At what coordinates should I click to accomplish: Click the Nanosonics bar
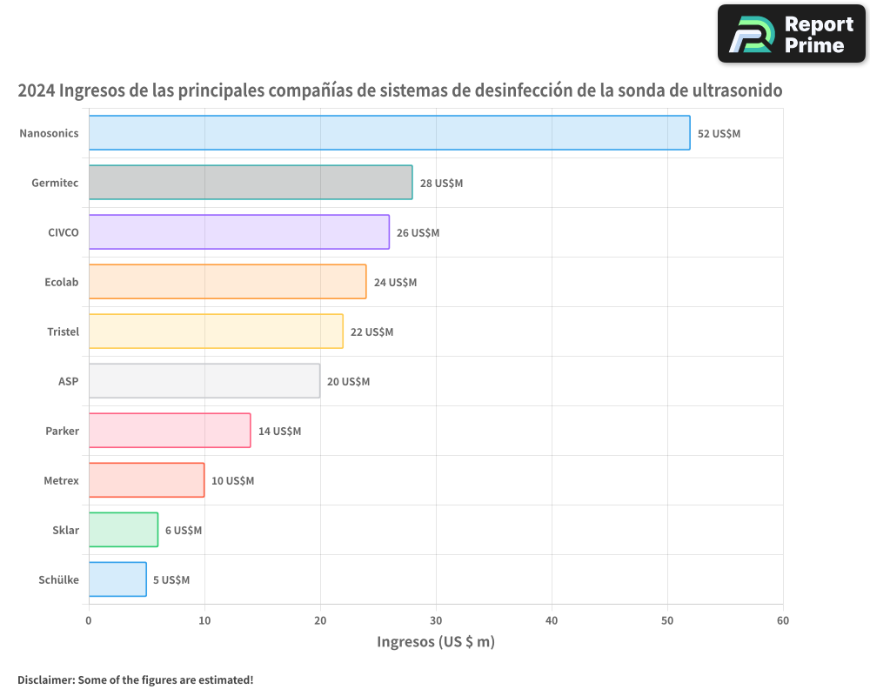point(389,133)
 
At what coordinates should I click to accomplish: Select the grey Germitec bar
point(251,183)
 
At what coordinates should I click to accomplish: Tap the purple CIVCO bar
point(238,232)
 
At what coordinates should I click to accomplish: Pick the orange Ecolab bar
point(227,282)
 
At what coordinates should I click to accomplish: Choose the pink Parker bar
point(170,431)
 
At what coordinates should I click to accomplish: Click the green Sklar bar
point(123,530)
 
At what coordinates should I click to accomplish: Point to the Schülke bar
point(117,579)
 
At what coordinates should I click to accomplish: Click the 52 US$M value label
point(719,134)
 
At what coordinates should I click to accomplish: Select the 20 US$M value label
point(348,382)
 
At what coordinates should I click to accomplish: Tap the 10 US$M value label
point(232,481)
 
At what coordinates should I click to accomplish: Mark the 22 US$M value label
point(371,332)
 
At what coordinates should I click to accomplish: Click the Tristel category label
point(63,331)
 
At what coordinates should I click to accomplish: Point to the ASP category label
point(68,381)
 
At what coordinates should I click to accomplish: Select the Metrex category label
point(61,480)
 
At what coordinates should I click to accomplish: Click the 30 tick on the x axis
point(436,620)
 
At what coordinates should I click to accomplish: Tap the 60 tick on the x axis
point(783,620)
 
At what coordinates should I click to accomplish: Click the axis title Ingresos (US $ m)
point(435,642)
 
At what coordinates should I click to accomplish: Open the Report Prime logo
point(791,34)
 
